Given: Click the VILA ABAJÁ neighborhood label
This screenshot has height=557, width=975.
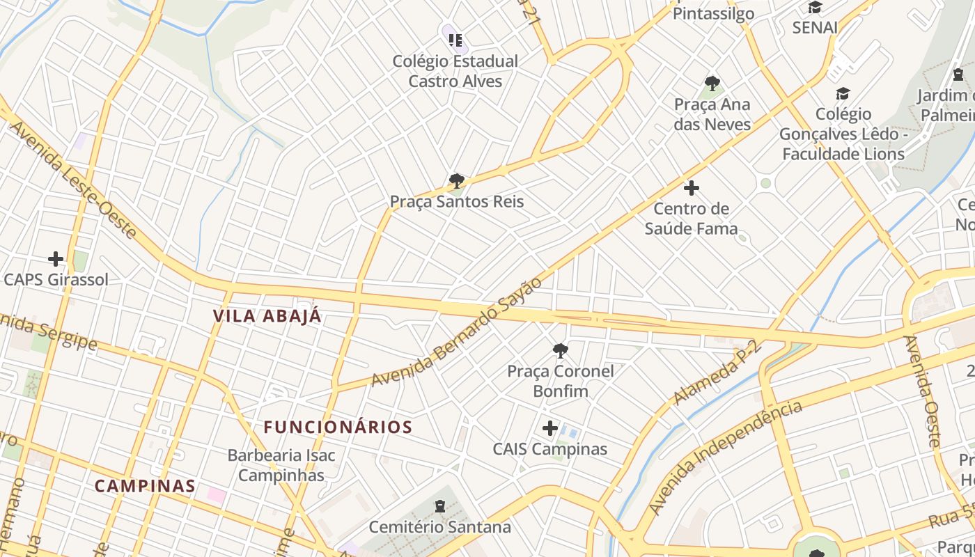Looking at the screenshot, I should [267, 316].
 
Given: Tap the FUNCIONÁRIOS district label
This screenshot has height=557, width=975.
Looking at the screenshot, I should [338, 427].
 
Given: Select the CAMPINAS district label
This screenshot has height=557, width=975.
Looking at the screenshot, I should [145, 486].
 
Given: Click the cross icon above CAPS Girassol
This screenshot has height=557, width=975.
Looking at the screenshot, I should [56, 259].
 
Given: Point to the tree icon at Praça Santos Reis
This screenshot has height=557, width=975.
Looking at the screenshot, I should [456, 182].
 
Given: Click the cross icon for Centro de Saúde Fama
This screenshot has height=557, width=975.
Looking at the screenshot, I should [692, 188].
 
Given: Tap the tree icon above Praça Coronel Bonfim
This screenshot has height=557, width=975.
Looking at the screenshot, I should [561, 350].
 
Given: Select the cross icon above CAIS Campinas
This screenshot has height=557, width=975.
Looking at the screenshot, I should [550, 427].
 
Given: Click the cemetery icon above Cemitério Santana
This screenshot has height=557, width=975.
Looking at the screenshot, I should [439, 506].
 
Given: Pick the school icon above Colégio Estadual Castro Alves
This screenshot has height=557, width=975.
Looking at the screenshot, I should [455, 40].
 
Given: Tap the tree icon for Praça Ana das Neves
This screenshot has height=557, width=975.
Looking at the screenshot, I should [712, 84].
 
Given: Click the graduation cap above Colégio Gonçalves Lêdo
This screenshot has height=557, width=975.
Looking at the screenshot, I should [843, 93].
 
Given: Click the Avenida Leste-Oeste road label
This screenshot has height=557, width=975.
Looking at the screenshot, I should [74, 180].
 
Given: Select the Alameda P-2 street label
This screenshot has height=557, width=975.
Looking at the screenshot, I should [718, 372].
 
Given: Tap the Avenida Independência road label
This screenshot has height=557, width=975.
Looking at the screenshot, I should [725, 457].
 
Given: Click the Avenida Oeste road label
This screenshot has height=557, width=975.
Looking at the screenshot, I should [922, 391].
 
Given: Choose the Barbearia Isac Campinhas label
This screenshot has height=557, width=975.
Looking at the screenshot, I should [281, 465].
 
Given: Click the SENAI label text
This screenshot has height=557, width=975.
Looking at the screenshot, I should [815, 27].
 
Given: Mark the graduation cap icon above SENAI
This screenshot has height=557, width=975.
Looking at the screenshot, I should [815, 8].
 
